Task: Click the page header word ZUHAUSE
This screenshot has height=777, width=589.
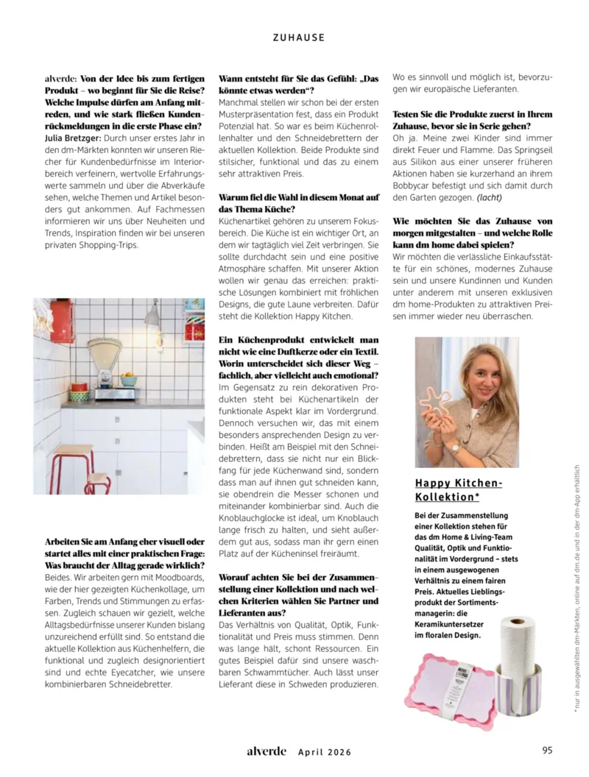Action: pos(299,37)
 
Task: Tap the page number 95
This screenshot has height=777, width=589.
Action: pos(547,751)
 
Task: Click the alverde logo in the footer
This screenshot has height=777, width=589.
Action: pos(266,751)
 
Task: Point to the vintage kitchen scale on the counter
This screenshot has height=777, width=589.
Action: pos(105,360)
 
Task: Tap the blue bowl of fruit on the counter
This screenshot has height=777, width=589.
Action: pos(130,380)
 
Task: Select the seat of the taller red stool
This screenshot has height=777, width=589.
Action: pos(72,450)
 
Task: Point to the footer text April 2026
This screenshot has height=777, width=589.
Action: pos(325,752)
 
